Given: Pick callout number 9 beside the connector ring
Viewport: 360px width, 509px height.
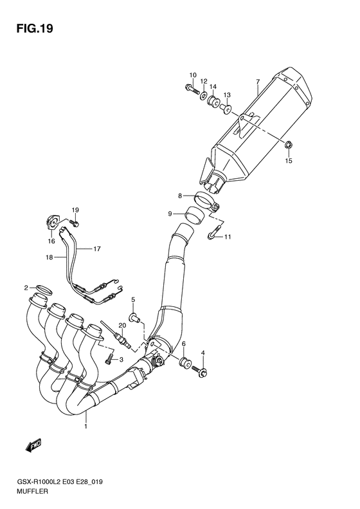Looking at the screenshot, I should [170, 213].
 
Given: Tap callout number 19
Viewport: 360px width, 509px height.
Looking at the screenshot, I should [75, 210].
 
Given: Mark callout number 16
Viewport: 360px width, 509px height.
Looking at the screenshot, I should [51, 241].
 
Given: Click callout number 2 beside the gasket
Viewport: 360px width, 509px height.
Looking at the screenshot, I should [26, 288].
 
